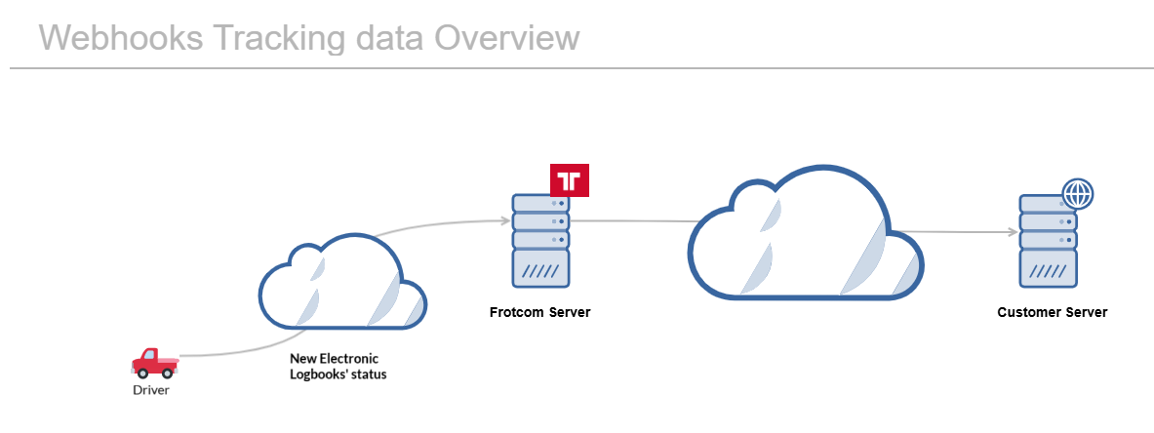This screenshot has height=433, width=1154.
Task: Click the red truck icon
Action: click(x=154, y=362)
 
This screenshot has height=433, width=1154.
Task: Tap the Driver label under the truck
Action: click(x=151, y=390)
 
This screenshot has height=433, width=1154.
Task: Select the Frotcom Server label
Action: click(x=539, y=313)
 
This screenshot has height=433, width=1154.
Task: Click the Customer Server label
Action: click(x=1052, y=313)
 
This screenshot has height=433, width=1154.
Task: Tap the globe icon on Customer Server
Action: click(x=1078, y=193)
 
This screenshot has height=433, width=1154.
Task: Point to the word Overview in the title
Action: click(x=507, y=38)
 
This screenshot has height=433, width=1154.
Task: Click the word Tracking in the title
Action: click(x=277, y=38)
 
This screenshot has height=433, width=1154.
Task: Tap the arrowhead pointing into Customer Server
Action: click(x=1012, y=232)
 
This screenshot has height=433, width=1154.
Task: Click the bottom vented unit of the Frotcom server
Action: click(x=541, y=268)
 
